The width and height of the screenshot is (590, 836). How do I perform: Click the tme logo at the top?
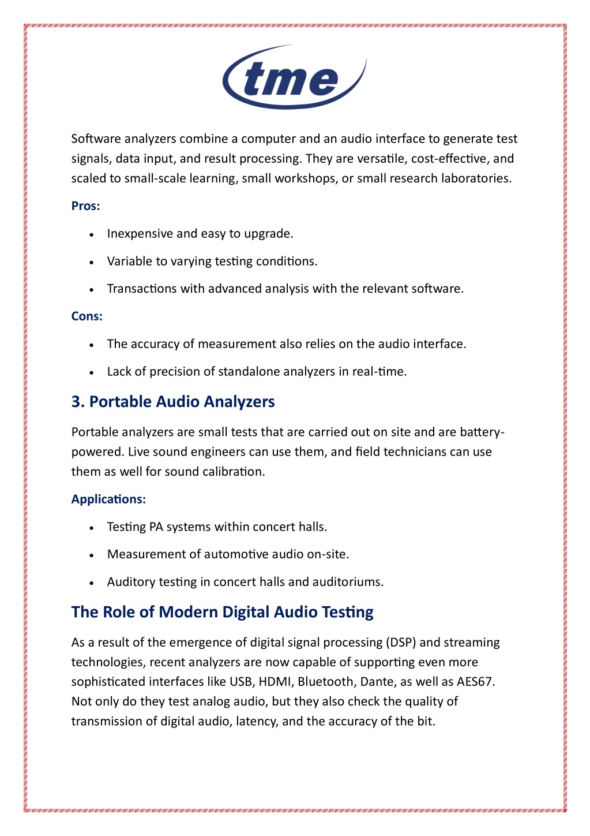click(294, 77)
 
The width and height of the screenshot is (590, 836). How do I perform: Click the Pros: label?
click(85, 206)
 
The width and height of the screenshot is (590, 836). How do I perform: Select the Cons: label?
click(87, 316)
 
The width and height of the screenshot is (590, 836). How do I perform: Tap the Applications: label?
click(108, 499)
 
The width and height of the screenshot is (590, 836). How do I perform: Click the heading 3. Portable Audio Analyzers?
click(173, 402)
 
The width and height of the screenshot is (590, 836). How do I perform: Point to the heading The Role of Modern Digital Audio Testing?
click(222, 612)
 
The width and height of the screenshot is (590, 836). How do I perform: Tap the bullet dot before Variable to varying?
click(92, 262)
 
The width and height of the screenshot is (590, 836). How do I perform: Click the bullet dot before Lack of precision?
click(92, 372)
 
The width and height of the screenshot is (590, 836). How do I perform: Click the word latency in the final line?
click(256, 721)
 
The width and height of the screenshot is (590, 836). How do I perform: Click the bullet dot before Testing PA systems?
click(92, 528)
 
